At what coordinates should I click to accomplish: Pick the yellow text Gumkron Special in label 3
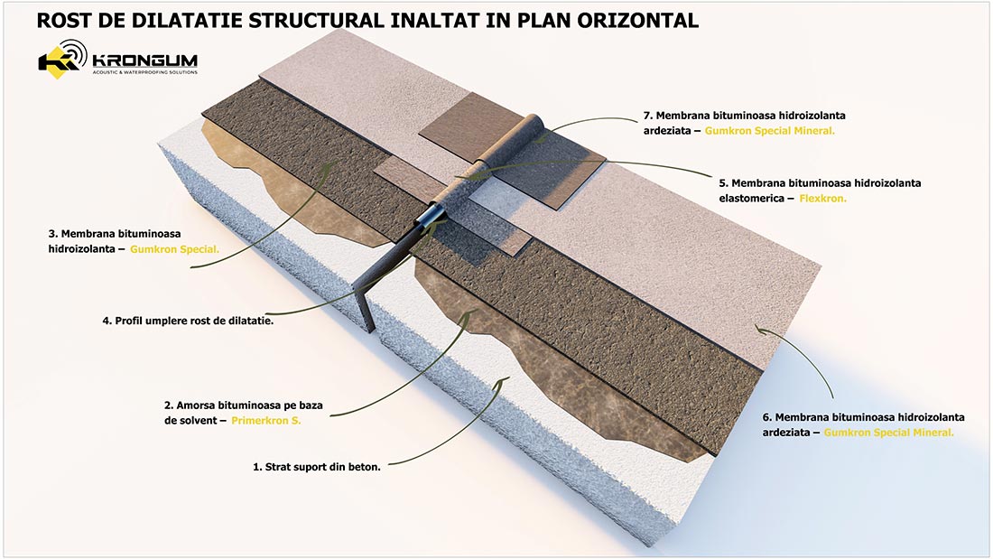175,247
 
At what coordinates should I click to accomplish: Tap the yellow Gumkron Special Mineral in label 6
888,433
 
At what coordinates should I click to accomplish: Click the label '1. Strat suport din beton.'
316,468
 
